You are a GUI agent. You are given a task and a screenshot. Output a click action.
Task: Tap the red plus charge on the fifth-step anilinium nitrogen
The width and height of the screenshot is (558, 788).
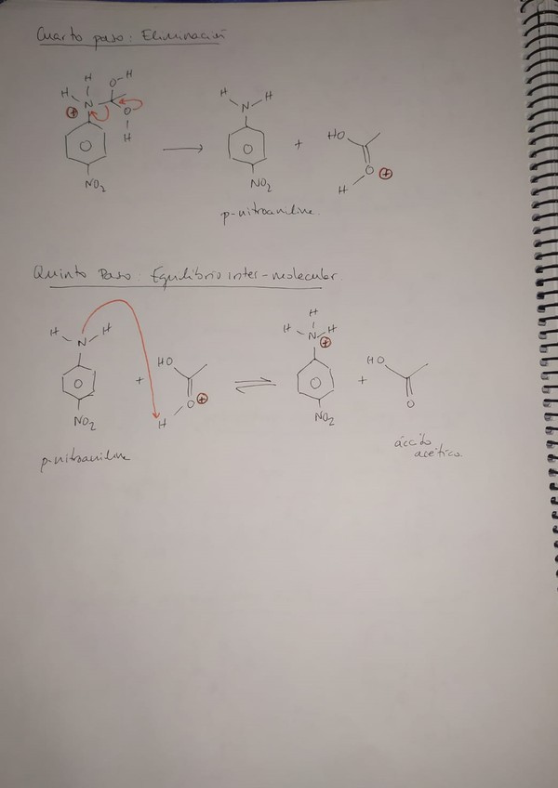click(x=326, y=342)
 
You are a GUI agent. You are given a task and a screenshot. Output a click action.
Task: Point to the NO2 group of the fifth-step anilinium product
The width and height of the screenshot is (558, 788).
click(x=323, y=418)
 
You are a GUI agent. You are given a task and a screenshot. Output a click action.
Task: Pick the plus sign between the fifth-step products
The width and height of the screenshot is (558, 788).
click(x=364, y=382)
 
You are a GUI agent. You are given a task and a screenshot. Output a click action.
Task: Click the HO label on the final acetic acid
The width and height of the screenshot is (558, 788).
click(x=376, y=359)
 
